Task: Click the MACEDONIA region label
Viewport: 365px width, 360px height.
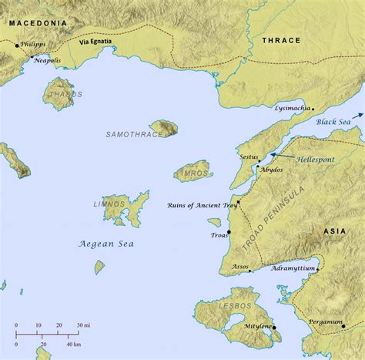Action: [36, 23]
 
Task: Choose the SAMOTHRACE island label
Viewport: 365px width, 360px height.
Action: [129, 134]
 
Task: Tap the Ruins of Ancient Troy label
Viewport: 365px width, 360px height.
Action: [200, 205]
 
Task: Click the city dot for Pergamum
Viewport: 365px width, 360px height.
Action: [343, 327]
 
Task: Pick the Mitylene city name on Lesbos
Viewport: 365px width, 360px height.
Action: [256, 328]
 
